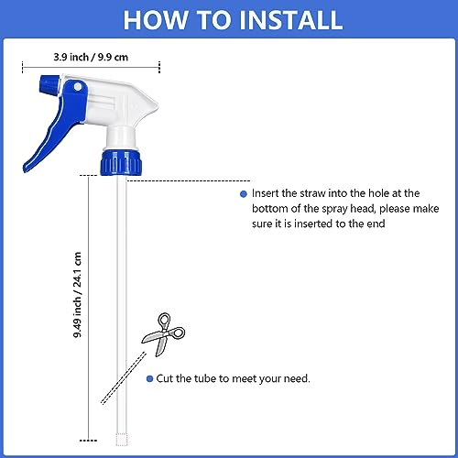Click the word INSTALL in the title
point(290,20)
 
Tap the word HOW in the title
point(156,20)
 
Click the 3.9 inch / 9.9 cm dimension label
point(91,57)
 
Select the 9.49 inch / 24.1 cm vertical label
point(77,295)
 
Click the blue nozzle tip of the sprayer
point(49,84)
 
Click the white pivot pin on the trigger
point(78,87)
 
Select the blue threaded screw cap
point(121,162)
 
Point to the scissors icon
point(163,334)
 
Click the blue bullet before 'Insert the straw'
point(244,194)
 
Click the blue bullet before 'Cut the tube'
point(149,378)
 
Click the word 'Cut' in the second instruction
point(165,378)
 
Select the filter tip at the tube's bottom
point(122,439)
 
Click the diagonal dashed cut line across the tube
point(124,378)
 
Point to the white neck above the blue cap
point(121,137)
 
